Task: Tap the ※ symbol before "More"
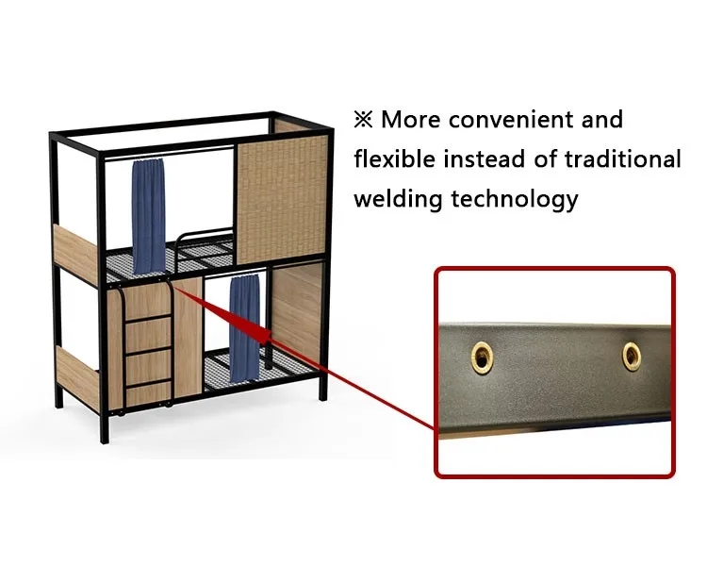coord(364,121)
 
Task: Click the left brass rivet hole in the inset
coord(483,356)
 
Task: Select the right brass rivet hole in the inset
coord(631,355)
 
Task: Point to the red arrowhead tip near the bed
coord(178,287)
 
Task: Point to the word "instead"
coord(496,159)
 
